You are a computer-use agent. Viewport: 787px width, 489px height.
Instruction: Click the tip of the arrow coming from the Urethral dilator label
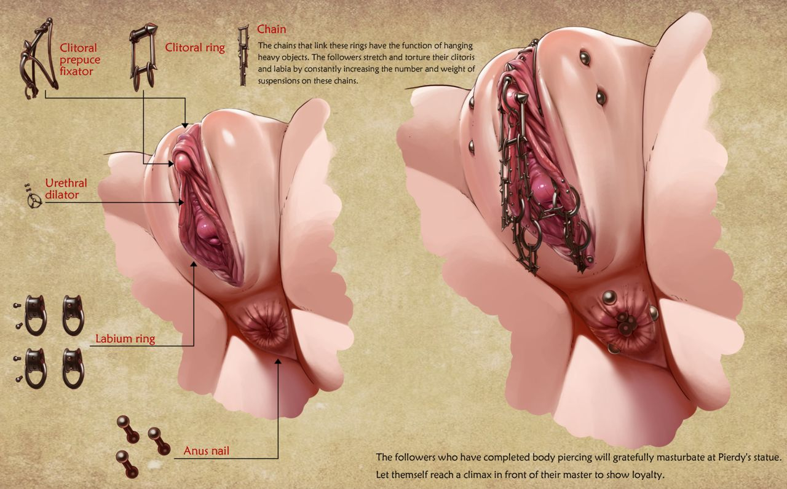click(184, 202)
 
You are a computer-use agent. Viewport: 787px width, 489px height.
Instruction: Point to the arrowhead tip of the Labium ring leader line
click(194, 262)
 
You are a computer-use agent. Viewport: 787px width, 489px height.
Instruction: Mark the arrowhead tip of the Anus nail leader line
click(278, 359)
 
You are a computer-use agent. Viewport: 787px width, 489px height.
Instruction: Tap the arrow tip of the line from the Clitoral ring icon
click(174, 163)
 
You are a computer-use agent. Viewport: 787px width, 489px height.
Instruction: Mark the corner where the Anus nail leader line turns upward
click(278, 458)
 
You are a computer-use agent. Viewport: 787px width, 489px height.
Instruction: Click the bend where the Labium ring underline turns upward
click(194, 346)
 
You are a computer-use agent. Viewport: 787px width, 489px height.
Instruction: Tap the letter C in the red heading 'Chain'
click(261, 29)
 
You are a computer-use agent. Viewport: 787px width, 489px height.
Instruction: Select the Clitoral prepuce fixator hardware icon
click(39, 58)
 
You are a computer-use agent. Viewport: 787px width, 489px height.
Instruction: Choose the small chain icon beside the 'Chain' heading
click(243, 55)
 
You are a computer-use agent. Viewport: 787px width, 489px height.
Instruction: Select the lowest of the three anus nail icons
click(127, 464)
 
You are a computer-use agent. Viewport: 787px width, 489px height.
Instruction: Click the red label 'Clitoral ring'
click(195, 48)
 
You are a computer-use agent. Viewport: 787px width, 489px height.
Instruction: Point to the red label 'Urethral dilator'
click(66, 189)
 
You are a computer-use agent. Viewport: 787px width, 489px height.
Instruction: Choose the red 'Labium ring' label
click(125, 338)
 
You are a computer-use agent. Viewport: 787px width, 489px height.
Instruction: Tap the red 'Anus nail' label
click(206, 451)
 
